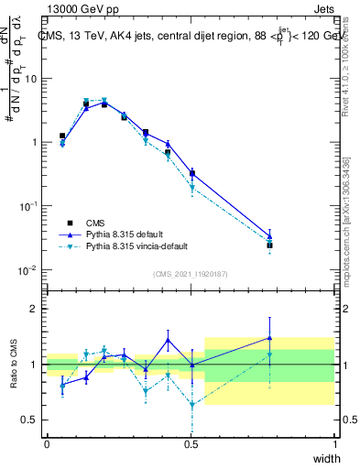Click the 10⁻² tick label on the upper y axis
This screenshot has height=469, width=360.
click(28, 270)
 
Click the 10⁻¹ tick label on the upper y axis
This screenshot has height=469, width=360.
click(28, 207)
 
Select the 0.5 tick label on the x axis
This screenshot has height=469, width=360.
click(191, 444)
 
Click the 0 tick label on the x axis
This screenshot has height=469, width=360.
click(47, 444)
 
